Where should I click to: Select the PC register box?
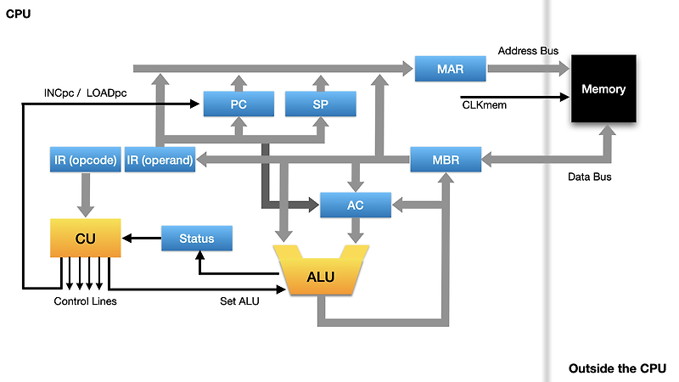[238, 104]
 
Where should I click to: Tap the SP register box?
[320, 104]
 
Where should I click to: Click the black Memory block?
[603, 89]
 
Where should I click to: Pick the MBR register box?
[446, 158]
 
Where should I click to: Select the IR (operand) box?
[160, 159]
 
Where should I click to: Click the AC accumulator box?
[356, 205]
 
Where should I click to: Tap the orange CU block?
[86, 239]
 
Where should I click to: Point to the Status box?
[196, 239]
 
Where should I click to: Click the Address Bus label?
[528, 51]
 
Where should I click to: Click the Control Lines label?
[85, 301]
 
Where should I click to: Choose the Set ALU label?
[239, 301]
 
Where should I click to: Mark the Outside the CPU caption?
[617, 368]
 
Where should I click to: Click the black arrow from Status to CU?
[142, 239]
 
